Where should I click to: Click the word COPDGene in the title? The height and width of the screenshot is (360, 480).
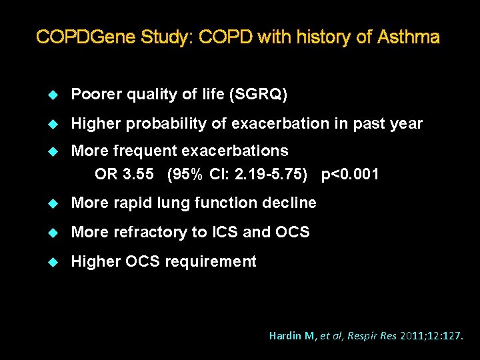click(85, 37)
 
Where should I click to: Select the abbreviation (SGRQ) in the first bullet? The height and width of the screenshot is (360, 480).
click(258, 95)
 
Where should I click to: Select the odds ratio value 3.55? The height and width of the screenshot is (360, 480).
click(139, 175)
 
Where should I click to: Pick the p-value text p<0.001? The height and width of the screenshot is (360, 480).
click(350, 175)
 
